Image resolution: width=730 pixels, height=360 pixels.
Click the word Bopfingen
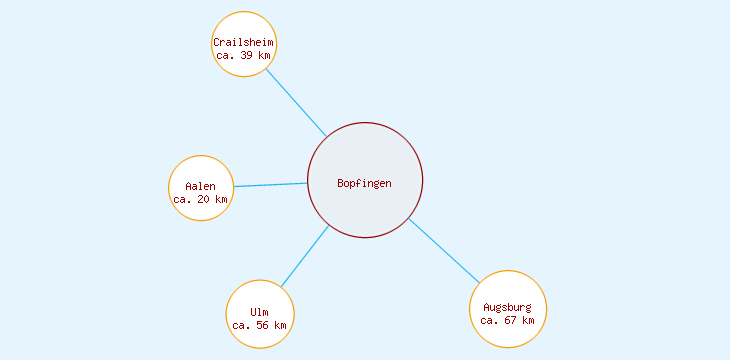pos(365,183)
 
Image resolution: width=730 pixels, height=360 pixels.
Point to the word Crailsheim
pos(243,42)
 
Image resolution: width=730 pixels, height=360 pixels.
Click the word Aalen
pos(201,186)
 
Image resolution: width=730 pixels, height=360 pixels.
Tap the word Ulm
pos(259,312)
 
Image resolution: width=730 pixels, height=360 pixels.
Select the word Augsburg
pos(508,306)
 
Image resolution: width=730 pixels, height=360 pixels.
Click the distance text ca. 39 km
pos(243,56)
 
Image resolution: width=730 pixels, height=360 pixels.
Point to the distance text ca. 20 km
pos(201,199)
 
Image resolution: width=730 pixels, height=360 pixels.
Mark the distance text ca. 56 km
pos(259,325)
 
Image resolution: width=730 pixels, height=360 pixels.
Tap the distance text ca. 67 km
pos(508,320)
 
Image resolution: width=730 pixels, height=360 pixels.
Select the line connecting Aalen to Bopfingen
pos(270,185)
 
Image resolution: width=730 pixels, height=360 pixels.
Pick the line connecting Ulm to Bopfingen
pos(305,257)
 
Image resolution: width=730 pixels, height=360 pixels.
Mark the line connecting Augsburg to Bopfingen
pos(444,250)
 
